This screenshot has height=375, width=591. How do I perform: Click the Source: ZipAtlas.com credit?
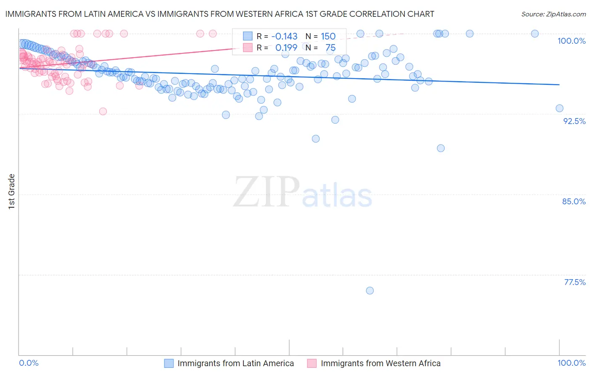(x=553, y=14)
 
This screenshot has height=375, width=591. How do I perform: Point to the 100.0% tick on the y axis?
(x=571, y=41)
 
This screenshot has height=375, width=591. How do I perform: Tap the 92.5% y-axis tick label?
(x=574, y=121)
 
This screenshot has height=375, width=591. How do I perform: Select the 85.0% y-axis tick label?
(x=574, y=201)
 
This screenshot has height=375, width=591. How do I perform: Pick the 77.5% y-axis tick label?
(x=575, y=282)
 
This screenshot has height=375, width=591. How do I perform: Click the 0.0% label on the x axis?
(x=29, y=363)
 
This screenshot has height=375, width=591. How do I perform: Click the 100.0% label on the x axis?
(x=571, y=363)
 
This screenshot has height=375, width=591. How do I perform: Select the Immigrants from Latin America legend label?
(x=235, y=364)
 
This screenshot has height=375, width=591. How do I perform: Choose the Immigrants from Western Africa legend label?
(x=380, y=364)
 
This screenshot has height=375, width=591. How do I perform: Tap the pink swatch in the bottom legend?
(x=311, y=364)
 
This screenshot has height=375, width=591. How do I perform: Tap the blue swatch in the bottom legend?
(x=169, y=364)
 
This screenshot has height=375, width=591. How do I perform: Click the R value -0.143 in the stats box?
(x=284, y=37)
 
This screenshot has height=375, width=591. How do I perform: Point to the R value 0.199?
(x=286, y=48)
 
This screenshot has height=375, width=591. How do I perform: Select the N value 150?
(x=328, y=37)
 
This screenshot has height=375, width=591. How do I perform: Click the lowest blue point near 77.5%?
(x=370, y=290)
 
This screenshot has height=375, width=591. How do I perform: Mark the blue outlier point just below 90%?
(x=441, y=148)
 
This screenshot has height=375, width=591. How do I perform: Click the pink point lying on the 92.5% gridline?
(x=103, y=111)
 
